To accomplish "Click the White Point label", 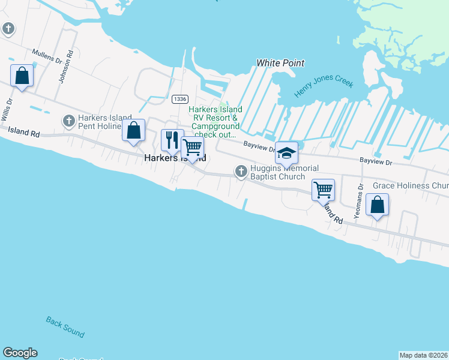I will [280, 63].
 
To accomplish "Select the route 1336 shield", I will [179, 98].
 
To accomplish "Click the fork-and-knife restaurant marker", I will [172, 140].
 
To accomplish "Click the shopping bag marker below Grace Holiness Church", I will [376, 205].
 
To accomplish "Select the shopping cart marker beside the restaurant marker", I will [192, 148].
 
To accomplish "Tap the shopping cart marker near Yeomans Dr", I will [323, 190].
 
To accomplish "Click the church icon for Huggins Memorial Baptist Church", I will [241, 172].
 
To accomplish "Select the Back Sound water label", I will [65, 327].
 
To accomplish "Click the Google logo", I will [20, 353].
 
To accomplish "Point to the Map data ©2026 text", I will [423, 355].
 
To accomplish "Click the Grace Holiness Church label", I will [410, 185].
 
